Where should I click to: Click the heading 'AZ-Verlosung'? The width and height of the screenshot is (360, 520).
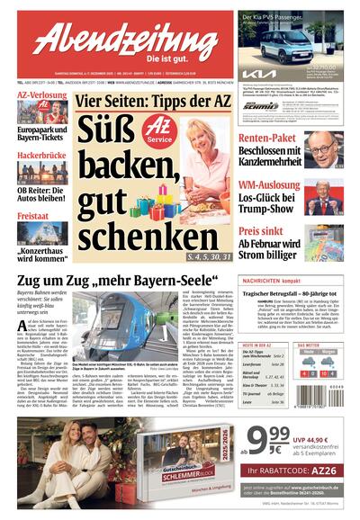click(x=42, y=94)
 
